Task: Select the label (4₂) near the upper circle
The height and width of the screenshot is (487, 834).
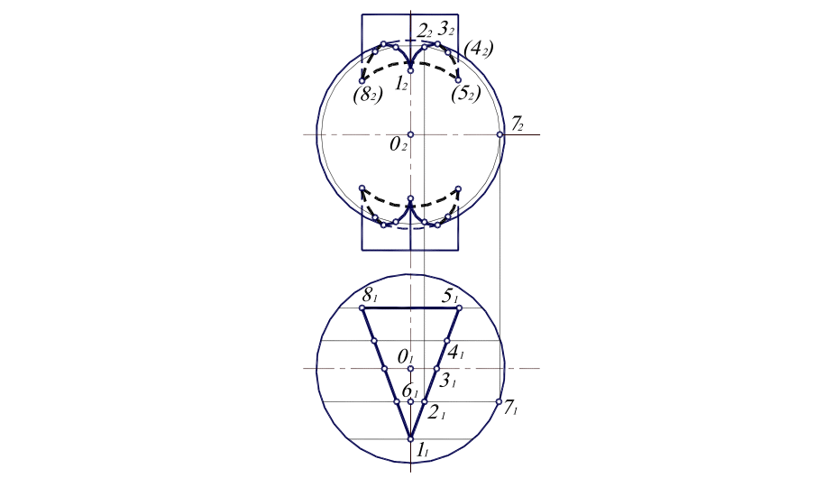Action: pos(479,48)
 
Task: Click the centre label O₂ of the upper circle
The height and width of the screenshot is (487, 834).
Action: pos(397,143)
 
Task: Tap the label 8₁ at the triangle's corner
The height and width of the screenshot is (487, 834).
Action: pos(370,296)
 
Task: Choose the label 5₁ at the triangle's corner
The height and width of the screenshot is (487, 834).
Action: pos(448,296)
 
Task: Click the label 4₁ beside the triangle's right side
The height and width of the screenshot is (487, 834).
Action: pos(455,352)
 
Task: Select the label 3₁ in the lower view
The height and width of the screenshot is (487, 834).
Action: pos(448,380)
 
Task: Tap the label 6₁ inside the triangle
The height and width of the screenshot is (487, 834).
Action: pos(408,391)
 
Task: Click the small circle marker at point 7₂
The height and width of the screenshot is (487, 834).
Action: pos(500,134)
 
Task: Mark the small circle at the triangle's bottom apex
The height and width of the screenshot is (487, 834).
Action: pos(410,439)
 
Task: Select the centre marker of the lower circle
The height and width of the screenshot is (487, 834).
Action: pos(410,369)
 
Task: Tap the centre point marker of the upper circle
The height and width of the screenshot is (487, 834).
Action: pos(410,134)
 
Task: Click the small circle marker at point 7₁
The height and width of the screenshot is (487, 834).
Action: pos(498,402)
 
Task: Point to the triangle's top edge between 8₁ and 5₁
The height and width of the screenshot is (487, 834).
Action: pos(410,308)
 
